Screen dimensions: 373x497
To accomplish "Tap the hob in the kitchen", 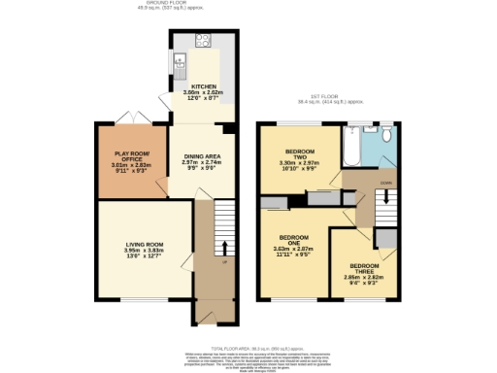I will pos(205,41).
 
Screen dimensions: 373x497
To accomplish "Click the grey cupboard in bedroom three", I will pos(385,240).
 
